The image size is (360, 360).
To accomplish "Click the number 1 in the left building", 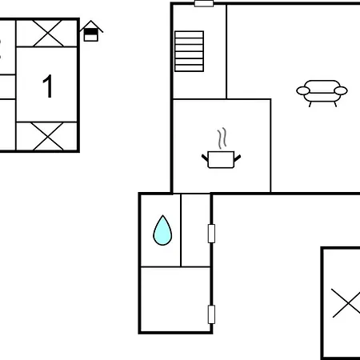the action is [x=48, y=86].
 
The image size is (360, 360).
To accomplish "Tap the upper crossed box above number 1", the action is [x=46, y=33].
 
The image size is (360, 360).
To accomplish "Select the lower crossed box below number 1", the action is [x=46, y=136].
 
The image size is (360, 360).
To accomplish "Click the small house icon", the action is [x=91, y=31].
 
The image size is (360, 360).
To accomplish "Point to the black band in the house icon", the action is [x=91, y=32].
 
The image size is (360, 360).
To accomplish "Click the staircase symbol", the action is [x=189, y=51].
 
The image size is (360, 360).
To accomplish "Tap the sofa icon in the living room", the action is [x=322, y=93].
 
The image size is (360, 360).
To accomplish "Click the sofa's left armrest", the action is [x=303, y=91].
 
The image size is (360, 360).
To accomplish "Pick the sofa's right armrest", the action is [x=341, y=91].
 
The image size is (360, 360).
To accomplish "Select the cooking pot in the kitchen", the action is [x=221, y=159].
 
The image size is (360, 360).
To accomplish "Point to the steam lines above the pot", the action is [x=222, y=138].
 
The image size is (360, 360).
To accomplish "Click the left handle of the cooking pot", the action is [x=205, y=158].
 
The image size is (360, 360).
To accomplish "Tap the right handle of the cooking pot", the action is [x=238, y=158].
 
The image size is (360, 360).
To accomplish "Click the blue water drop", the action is [x=162, y=230].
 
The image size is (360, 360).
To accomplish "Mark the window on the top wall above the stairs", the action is [x=204, y=3].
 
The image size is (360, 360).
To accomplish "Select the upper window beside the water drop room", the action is [x=211, y=234].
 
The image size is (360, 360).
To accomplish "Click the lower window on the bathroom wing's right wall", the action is [x=211, y=314].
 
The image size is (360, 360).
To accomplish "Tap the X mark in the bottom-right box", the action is [x=347, y=303].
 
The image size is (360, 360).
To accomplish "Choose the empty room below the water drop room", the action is [x=174, y=299].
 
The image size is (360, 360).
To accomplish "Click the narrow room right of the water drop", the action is [x=195, y=230].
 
